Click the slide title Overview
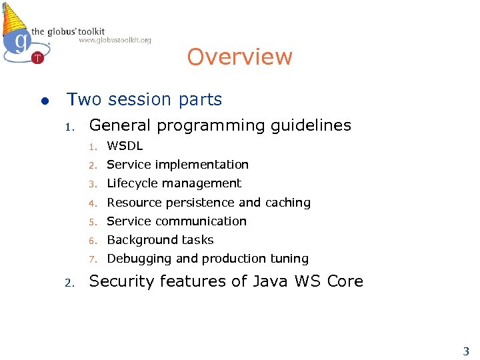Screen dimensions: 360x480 [x=239, y=57]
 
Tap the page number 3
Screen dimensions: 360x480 [x=466, y=351]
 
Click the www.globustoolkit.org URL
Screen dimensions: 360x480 [x=115, y=41]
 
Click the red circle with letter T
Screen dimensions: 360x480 [x=38, y=58]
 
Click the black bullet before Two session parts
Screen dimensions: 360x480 [x=43, y=101]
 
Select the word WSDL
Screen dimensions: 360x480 [x=125, y=145]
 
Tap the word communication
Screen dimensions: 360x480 [x=206, y=221]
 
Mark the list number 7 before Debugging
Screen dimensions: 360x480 [x=95, y=259]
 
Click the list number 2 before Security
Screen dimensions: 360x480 [x=68, y=283]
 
